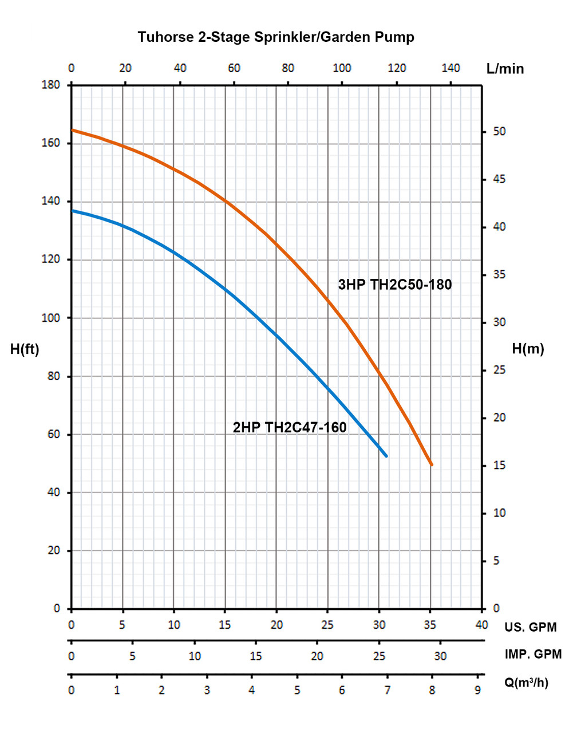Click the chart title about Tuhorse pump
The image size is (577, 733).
tap(276, 38)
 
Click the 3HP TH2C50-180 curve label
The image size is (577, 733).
tap(394, 285)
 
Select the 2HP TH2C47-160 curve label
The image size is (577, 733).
tap(290, 428)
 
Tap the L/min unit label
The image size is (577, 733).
tap(505, 69)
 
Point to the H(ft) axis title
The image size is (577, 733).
tap(25, 349)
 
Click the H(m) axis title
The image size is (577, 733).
tap(528, 349)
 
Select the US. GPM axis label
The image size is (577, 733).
tap(530, 627)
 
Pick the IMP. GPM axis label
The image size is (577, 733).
tap(533, 654)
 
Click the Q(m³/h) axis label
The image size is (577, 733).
tap(526, 683)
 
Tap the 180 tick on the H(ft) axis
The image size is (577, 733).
tap(51, 85)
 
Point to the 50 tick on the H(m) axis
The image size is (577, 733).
tap(500, 132)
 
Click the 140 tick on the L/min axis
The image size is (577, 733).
tap(450, 68)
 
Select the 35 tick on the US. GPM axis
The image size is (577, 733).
tap(430, 625)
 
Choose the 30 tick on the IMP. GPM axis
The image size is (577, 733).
tap(440, 656)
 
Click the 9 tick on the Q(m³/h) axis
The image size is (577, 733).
tap(477, 691)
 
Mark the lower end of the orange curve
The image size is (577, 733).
tap(432, 464)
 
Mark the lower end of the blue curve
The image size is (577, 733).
tap(386, 456)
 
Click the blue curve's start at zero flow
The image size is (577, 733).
tap(72, 211)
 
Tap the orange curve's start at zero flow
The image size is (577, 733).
tap(72, 130)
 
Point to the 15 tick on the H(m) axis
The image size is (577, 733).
tap(500, 466)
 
